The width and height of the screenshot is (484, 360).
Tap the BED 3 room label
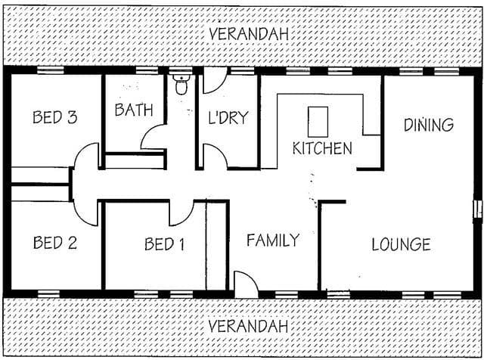(55, 117)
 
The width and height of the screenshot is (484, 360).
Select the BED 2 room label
(55, 243)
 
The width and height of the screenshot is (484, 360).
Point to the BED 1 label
(165, 244)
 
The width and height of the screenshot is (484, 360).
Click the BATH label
(134, 110)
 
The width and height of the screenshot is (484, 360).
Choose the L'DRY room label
(228, 117)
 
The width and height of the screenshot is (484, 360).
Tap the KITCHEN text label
(322, 148)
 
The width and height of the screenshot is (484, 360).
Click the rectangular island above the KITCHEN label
(318, 122)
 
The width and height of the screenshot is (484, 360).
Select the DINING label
(429, 125)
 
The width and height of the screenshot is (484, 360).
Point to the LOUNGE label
(402, 244)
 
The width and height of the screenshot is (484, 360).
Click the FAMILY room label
(273, 241)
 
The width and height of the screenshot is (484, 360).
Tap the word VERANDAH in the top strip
(249, 34)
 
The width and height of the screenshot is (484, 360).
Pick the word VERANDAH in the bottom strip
(248, 326)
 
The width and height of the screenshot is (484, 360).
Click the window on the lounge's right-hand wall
(478, 210)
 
